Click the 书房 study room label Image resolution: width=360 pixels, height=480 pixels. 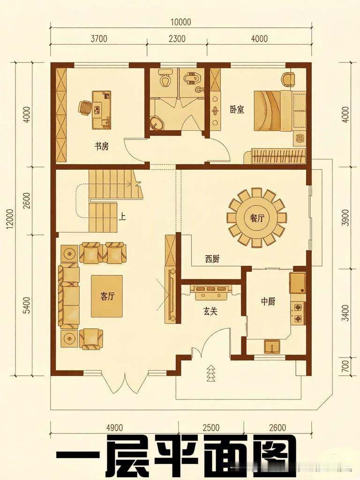[x=101, y=147]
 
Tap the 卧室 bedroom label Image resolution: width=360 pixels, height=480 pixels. [x=237, y=110]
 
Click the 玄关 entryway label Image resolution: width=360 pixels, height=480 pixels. [x=210, y=312]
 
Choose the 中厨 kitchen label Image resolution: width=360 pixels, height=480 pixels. [x=268, y=302]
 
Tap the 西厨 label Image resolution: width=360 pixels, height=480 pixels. [x=212, y=260]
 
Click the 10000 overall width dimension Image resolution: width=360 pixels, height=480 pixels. [x=180, y=22]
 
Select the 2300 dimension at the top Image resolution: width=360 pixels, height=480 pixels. [x=177, y=39]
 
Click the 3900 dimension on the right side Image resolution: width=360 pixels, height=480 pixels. [x=345, y=217]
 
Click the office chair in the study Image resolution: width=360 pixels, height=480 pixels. [x=85, y=108]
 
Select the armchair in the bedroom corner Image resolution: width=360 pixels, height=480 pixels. [x=288, y=79]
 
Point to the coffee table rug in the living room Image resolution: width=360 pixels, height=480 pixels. [x=106, y=296]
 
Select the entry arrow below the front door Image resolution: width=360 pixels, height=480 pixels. [x=210, y=373]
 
